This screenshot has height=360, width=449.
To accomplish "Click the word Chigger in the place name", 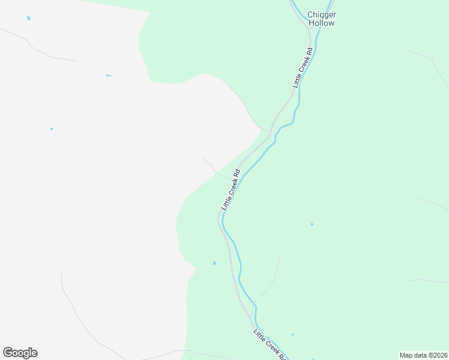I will coord(321,14).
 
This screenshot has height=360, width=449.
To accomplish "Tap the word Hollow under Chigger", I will coord(321,23).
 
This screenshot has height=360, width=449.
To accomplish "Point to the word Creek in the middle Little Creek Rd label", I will coord(231,190).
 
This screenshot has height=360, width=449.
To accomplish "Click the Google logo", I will coord(20,353).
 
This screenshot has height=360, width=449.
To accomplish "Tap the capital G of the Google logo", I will coord(8,352).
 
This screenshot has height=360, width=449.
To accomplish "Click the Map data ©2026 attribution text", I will coord(423,355).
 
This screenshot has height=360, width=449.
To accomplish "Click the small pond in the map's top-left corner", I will coord(28,19).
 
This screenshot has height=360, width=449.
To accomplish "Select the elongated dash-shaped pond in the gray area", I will coord(108,76).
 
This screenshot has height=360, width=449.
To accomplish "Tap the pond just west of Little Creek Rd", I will coord(214,263).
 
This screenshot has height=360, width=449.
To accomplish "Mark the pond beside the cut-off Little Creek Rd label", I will coord(292,334).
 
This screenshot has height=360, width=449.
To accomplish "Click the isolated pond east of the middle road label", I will coord(312,224).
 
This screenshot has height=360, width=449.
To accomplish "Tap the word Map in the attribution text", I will coord(406,355).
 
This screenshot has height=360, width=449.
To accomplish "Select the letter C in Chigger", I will coord(310,14).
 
